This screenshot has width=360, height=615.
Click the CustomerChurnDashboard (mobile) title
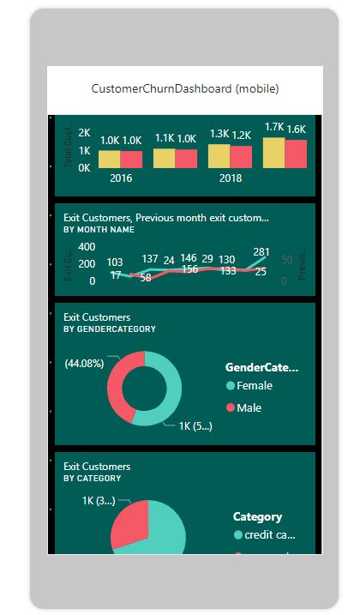point(185,88)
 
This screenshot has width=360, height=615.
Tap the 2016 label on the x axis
point(121,178)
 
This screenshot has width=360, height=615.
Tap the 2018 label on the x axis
point(231,178)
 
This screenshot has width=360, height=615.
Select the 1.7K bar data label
point(274,127)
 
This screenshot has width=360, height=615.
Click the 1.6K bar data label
point(297,129)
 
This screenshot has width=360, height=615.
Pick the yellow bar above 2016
point(110,159)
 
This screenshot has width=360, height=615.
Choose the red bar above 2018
point(241,156)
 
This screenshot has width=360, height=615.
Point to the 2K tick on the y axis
point(84,134)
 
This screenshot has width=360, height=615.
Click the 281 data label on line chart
point(261,252)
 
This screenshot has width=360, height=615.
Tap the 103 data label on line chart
point(115,262)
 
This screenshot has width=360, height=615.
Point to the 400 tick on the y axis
point(87,246)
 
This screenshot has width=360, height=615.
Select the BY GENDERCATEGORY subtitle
point(109,329)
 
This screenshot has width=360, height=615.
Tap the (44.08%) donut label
point(84,363)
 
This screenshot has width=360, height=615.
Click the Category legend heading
point(257,517)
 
